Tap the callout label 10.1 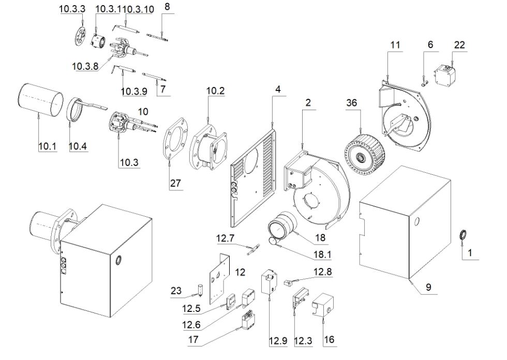point(46,147)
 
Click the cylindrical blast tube point(41,100)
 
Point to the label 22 point(459,46)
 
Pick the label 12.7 point(225,238)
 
